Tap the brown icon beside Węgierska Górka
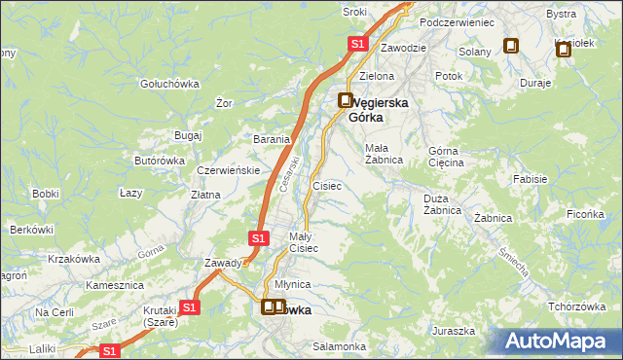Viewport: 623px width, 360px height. click(346, 99)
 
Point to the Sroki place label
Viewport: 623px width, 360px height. click(354, 11)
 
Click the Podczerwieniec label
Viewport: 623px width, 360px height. click(457, 21)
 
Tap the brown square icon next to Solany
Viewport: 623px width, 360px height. click(511, 45)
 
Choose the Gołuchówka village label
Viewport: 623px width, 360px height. click(169, 84)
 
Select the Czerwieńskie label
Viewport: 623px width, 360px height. click(228, 169)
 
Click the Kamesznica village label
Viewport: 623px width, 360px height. click(115, 285)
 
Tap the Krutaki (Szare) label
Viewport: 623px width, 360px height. click(155, 316)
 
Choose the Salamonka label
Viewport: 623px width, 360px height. click(339, 346)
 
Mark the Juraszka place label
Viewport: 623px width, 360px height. click(454, 331)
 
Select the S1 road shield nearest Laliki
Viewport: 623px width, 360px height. click(110, 350)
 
